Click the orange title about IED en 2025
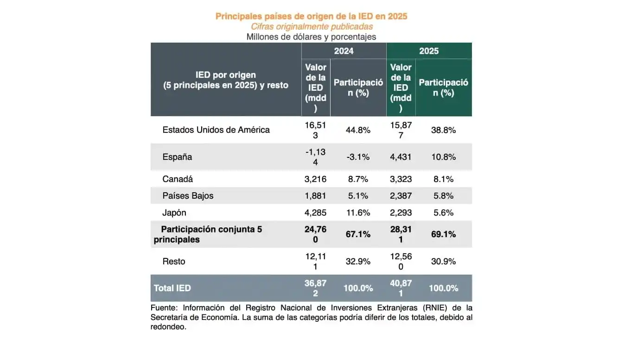click(311, 16)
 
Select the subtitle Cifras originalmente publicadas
click(311, 26)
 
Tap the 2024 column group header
click(344, 51)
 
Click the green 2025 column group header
click(429, 51)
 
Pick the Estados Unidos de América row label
click(216, 130)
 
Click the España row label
click(177, 157)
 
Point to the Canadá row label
click(178, 179)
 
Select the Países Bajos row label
click(188, 195)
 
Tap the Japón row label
click(174, 213)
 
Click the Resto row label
click(174, 261)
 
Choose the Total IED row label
click(172, 288)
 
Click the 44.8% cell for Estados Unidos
click(358, 130)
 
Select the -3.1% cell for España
click(358, 157)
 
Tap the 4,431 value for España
click(401, 157)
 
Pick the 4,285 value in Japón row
click(316, 213)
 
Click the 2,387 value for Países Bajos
click(401, 195)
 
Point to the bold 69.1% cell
click(443, 234)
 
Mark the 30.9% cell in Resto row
click(443, 261)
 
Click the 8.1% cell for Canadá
click(443, 179)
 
